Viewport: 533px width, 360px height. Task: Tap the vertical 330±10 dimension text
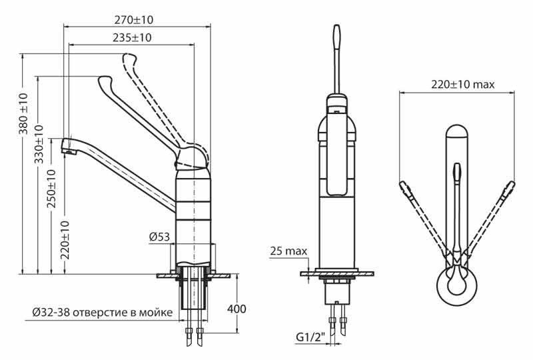click(x=39, y=144)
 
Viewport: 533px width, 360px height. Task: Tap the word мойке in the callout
click(x=159, y=312)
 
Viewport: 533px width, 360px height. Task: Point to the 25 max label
click(x=288, y=251)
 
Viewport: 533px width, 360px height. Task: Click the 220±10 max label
click(x=463, y=85)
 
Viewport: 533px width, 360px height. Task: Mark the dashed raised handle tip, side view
click(x=127, y=60)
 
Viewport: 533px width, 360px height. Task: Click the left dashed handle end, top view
click(x=403, y=185)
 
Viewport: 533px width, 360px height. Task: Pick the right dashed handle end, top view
click(x=511, y=185)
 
